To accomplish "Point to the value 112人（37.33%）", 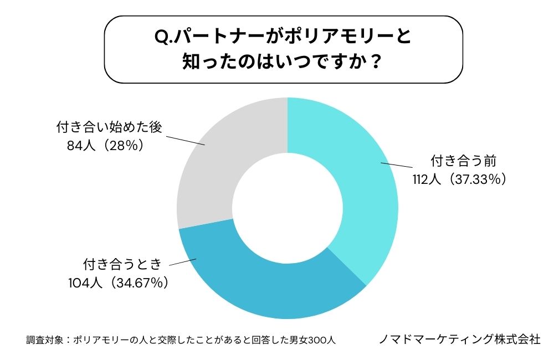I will click(459, 179).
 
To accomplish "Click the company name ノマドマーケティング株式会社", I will click(459, 339).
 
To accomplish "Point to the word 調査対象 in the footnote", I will click(42, 340).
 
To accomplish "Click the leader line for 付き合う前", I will click(397, 165).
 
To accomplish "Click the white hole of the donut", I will click(287, 208).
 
